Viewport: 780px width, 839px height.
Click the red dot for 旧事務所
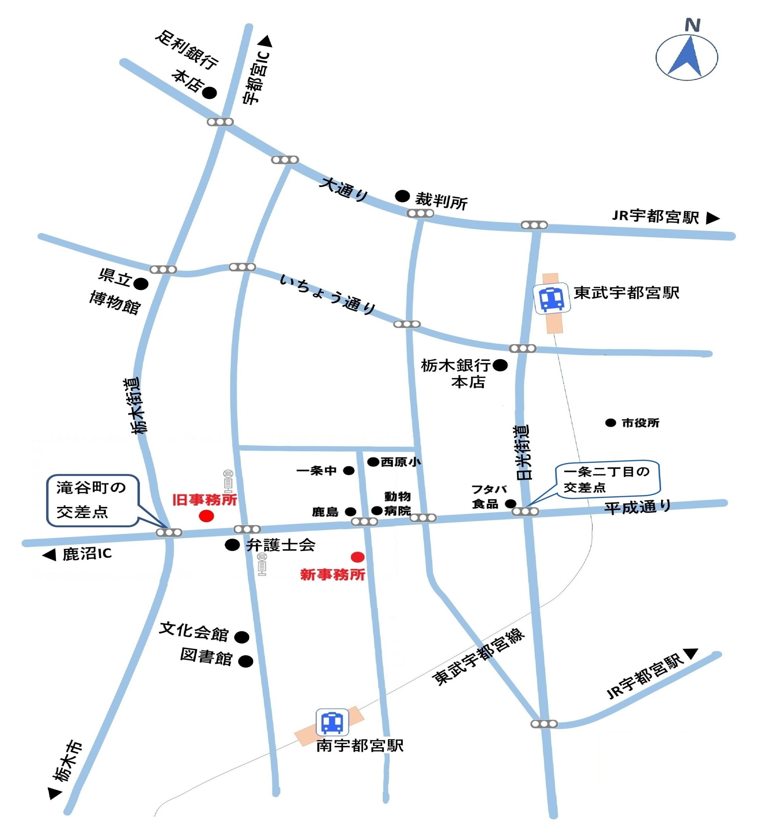[x=207, y=516]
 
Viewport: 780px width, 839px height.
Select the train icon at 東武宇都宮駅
[x=552, y=299]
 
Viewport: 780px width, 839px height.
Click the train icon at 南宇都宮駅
[x=332, y=723]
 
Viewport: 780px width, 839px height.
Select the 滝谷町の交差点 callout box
[x=92, y=500]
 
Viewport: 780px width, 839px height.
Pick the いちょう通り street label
[x=328, y=294]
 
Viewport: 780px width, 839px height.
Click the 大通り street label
[x=344, y=189]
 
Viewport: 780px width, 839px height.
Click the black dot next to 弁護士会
[x=232, y=545]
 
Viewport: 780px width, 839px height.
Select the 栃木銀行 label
[x=455, y=365]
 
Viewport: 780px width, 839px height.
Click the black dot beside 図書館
[x=246, y=661]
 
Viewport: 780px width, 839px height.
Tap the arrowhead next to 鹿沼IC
[x=50, y=555]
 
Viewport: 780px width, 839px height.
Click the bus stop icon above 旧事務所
[x=228, y=480]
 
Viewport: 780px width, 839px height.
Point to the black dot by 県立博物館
[x=141, y=284]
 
